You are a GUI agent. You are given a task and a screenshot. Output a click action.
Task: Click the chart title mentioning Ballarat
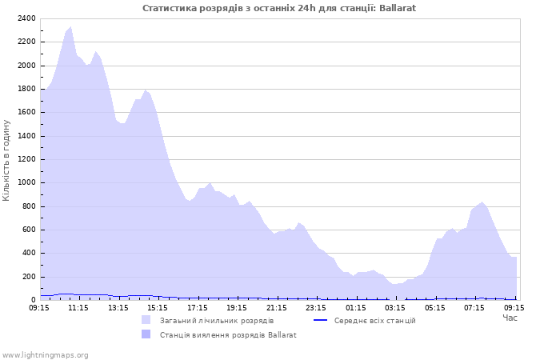(x=279, y=8)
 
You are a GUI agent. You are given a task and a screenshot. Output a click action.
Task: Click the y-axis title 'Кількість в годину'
(x=6, y=160)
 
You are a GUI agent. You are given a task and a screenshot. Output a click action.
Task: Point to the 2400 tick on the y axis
(x=25, y=18)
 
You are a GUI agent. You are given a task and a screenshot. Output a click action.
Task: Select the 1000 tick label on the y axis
(x=25, y=183)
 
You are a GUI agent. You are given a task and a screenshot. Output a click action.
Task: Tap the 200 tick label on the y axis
(x=27, y=277)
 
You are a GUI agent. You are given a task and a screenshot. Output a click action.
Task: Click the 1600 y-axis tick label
(x=25, y=113)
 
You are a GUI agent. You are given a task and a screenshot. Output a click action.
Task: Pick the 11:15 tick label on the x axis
(x=78, y=307)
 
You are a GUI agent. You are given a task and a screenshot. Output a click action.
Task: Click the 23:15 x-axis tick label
(x=316, y=307)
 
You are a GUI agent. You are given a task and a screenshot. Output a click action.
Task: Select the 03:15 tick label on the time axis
(x=395, y=307)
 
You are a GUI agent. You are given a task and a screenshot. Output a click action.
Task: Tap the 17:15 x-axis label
(x=198, y=307)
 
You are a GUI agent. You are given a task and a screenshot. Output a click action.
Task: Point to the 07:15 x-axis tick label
(x=474, y=307)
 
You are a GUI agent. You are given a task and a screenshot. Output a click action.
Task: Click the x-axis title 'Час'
(x=510, y=318)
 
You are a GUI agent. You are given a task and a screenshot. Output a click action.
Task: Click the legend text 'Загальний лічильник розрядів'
(x=217, y=321)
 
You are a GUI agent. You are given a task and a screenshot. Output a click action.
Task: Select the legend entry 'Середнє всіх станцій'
(x=374, y=321)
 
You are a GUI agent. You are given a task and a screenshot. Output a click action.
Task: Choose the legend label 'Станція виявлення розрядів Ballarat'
(x=228, y=335)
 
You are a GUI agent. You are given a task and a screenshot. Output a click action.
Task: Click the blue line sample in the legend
(x=321, y=321)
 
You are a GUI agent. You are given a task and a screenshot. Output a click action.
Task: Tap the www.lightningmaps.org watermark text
(x=46, y=354)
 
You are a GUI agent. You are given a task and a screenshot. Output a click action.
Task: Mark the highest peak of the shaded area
(x=70, y=27)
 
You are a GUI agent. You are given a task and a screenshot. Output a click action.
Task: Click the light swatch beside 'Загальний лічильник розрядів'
(x=146, y=321)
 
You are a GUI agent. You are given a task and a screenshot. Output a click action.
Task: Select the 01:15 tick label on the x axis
(x=356, y=307)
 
